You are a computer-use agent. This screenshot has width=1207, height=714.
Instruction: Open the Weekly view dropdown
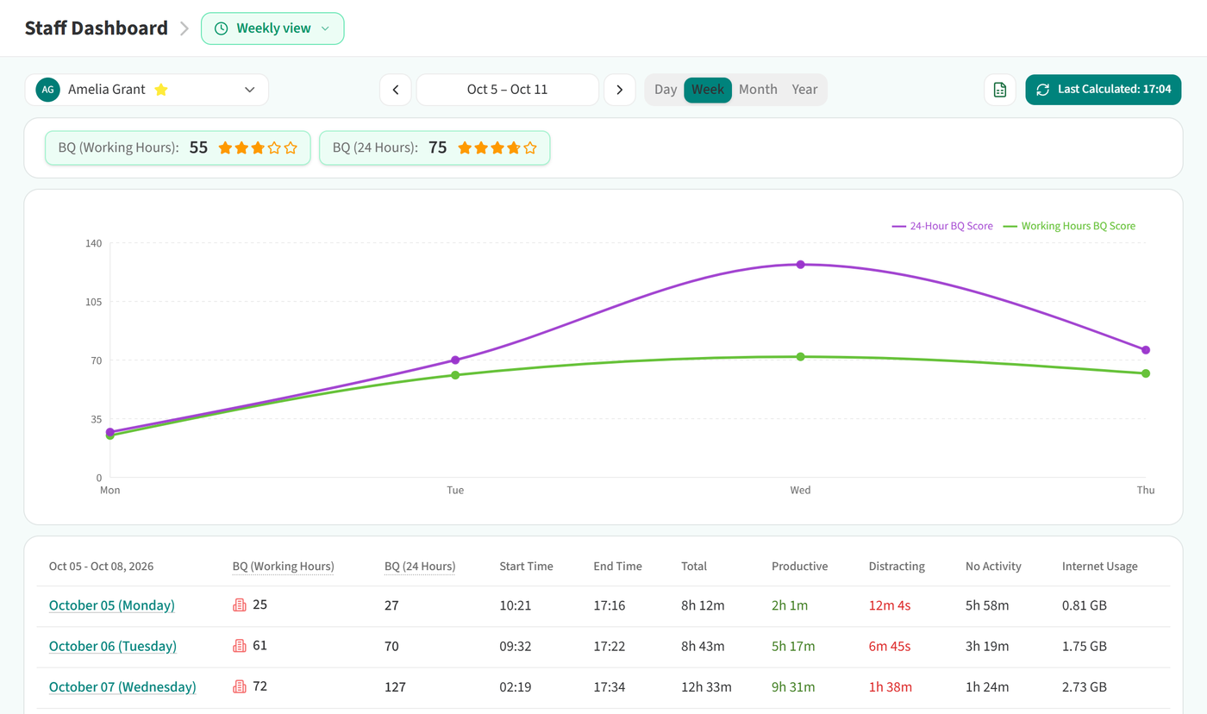click(x=272, y=28)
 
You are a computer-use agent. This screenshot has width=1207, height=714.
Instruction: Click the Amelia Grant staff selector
click(x=147, y=90)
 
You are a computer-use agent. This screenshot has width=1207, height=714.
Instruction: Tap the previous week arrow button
click(x=396, y=90)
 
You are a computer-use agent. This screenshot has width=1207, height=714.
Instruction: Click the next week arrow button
click(x=620, y=90)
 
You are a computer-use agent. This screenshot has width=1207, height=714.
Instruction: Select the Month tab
click(x=758, y=90)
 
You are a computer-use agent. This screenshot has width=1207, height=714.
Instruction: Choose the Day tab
click(x=666, y=90)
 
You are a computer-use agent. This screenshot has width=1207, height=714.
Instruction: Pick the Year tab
click(x=804, y=90)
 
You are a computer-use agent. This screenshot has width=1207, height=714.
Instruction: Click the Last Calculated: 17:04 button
click(x=1103, y=90)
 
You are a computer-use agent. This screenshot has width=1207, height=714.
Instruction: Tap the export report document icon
click(x=1000, y=90)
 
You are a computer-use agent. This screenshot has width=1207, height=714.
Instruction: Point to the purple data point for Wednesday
click(x=800, y=265)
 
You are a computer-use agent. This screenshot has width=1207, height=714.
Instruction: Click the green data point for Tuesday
click(x=455, y=375)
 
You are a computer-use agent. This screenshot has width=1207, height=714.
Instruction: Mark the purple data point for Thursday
click(x=1146, y=350)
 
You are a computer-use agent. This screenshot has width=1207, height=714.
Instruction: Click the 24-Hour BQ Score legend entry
click(x=942, y=226)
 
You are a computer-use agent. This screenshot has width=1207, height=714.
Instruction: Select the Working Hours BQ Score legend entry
click(x=1069, y=226)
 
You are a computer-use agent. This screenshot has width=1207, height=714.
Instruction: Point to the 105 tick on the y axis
click(x=94, y=302)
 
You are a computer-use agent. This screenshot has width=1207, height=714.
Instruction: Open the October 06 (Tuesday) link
click(x=113, y=646)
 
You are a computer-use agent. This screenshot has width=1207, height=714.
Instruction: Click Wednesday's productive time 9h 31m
click(x=793, y=687)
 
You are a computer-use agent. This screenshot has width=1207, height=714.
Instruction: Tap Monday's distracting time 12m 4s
click(x=890, y=605)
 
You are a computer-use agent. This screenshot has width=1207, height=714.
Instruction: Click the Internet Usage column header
click(x=1100, y=567)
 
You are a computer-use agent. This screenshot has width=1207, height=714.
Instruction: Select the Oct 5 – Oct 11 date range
click(x=507, y=90)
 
